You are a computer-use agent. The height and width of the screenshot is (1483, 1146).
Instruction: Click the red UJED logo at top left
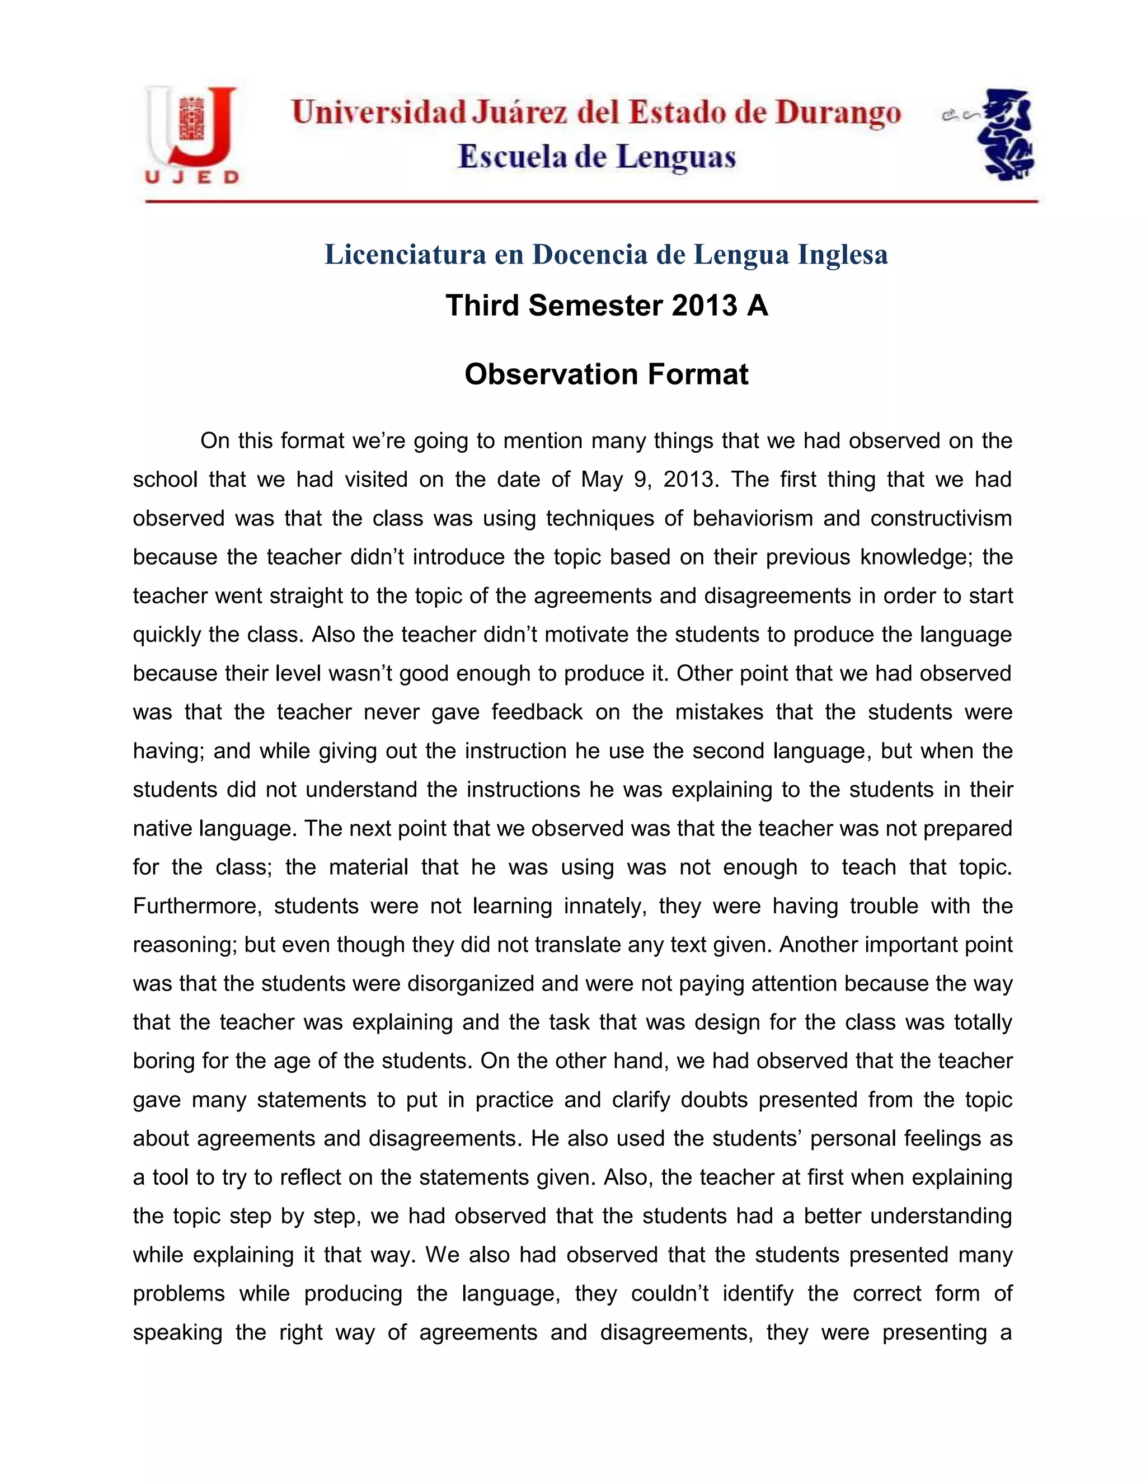191,134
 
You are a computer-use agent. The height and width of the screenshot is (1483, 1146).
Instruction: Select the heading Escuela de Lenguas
597,158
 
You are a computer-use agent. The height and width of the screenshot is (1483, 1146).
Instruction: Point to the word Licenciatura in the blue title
405,255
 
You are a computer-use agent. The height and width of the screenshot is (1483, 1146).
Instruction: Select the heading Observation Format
606,374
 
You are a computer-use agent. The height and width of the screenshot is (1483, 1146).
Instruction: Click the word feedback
536,712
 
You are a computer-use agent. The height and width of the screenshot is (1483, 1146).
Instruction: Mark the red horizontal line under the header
591,201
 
